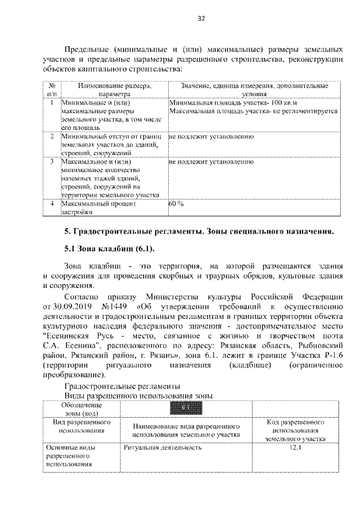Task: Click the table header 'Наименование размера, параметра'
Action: [x=114, y=91]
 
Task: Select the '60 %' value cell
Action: [x=177, y=204]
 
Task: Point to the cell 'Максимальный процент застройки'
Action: [x=98, y=208]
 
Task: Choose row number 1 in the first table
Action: [x=51, y=103]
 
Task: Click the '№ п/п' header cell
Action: [x=51, y=91]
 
